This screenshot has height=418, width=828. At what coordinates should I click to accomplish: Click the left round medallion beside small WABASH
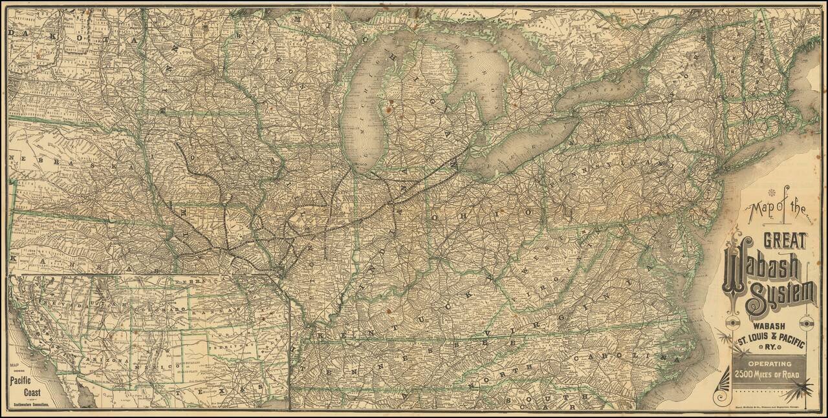[732, 324]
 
